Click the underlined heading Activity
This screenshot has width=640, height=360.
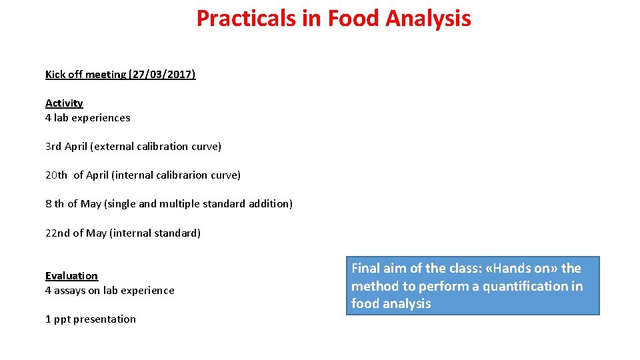coord(64,103)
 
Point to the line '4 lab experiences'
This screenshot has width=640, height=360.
coord(88,118)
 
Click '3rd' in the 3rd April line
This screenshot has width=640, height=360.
coord(53,147)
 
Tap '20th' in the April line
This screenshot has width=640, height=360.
coord(56,175)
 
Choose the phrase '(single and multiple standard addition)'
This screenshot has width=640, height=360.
coord(198,204)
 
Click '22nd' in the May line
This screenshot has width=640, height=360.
coord(57,233)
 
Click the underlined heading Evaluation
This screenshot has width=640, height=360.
coord(71,276)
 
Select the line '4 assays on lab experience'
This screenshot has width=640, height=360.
coord(110,291)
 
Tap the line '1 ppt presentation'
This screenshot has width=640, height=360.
coord(91,319)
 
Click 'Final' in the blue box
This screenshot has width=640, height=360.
coord(365,269)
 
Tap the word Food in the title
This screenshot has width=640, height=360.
coord(351,19)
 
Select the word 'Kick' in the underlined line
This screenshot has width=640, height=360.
coord(55,75)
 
